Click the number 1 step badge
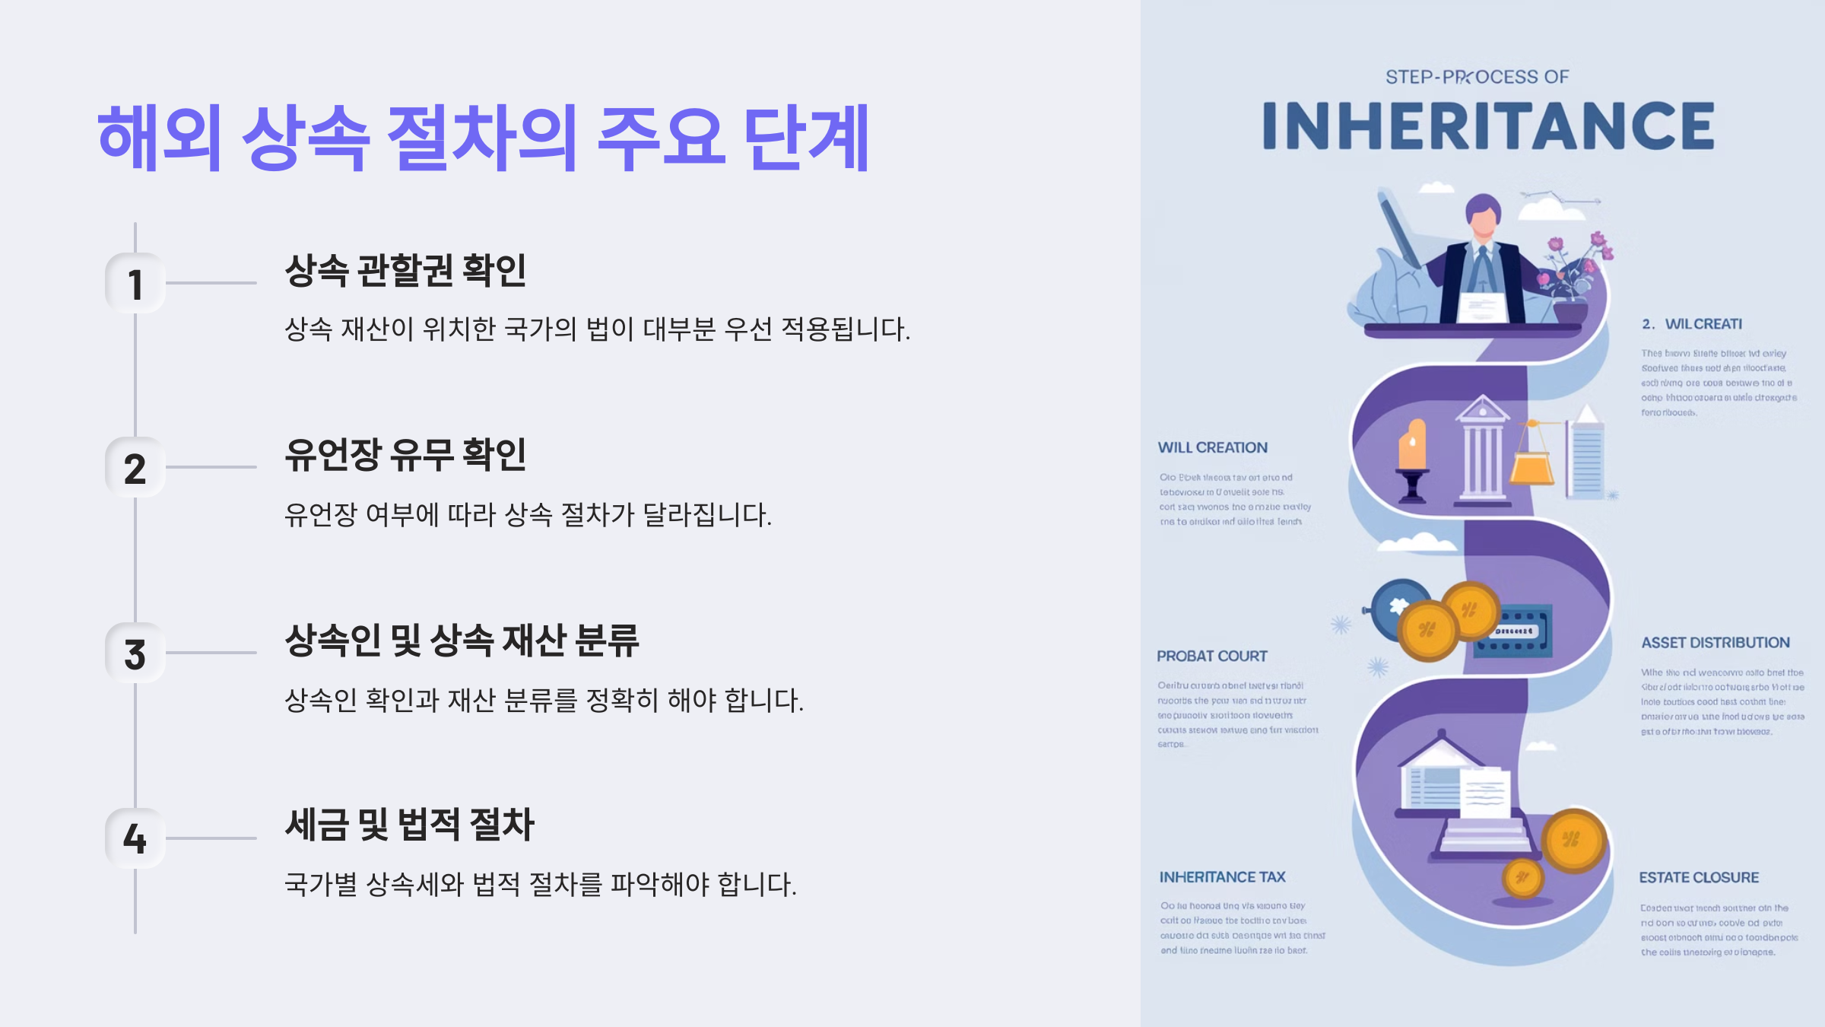coord(135,284)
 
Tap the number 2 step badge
coord(135,468)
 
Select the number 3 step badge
coord(135,653)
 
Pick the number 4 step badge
coord(135,838)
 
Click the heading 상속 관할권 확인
coord(405,270)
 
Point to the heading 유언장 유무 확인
coord(405,455)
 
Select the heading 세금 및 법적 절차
coord(409,825)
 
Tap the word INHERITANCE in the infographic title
coord(1487,126)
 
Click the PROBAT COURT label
coord(1211,656)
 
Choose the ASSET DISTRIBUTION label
coord(1715,643)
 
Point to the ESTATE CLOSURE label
coord(1698,877)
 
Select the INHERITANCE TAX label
coord(1222,877)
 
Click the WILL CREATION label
coord(1212,447)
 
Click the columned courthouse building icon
coord(1481,453)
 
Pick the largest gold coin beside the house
coord(1573,841)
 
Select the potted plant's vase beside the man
coord(1569,311)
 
